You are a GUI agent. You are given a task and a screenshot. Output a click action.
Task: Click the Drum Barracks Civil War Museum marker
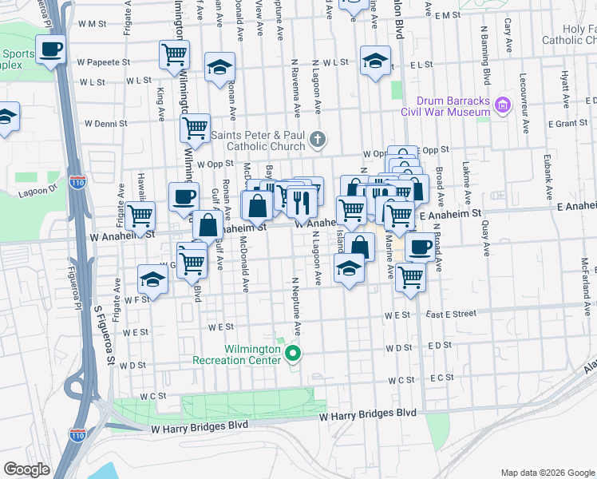pyautogui.click(x=503, y=105)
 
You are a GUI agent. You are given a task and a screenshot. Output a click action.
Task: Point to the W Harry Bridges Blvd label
pyautogui.click(x=368, y=414)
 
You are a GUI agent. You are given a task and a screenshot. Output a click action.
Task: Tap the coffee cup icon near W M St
pyautogui.click(x=50, y=49)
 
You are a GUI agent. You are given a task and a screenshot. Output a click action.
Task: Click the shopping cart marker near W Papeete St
pyautogui.click(x=174, y=54)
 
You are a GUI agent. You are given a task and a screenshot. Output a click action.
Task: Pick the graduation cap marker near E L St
pyautogui.click(x=375, y=60)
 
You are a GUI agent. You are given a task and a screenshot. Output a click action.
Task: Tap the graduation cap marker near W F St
pyautogui.click(x=152, y=279)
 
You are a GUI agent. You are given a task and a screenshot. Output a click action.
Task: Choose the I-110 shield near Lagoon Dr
pyautogui.click(x=78, y=183)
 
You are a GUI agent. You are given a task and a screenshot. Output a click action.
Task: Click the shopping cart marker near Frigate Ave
pyautogui.click(x=140, y=214)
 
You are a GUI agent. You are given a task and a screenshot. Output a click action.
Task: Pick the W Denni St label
pyautogui.click(x=99, y=124)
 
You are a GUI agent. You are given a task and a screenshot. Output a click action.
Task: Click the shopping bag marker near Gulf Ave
pyautogui.click(x=208, y=226)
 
